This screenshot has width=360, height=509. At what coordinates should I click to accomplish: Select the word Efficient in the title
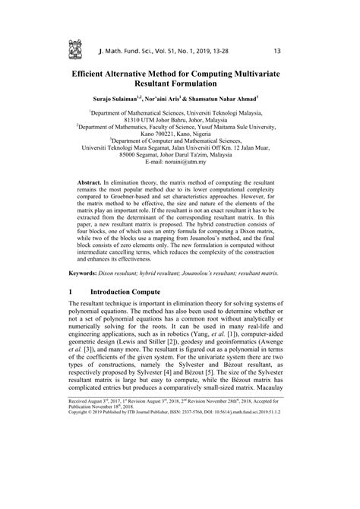point(96,76)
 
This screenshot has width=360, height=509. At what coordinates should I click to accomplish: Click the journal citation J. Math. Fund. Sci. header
point(162,52)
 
